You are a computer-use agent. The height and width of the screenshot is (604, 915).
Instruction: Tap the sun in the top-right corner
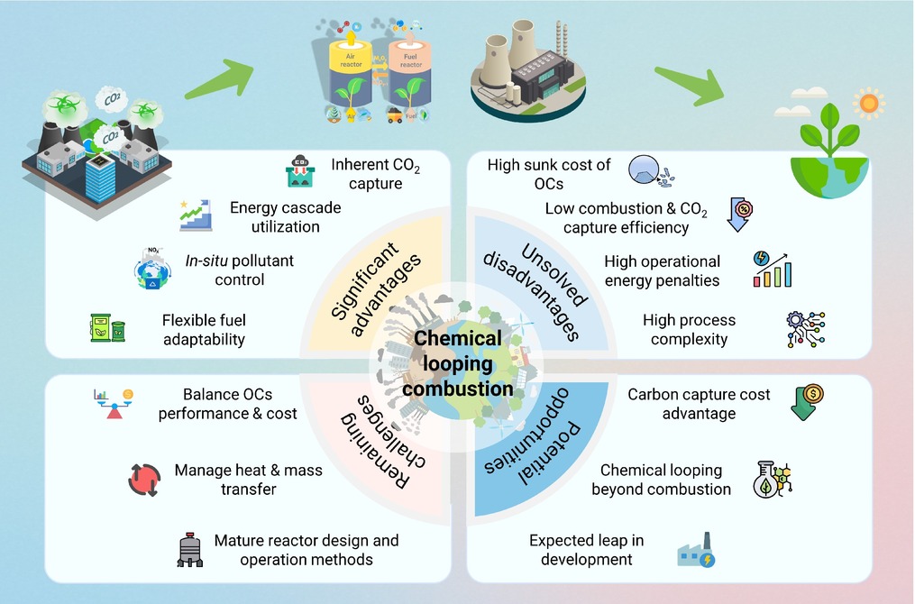868,103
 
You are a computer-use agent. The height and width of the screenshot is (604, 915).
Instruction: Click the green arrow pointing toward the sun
692,84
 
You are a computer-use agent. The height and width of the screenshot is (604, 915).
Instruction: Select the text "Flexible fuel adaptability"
204,329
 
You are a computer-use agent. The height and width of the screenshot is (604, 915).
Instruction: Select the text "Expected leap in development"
586,550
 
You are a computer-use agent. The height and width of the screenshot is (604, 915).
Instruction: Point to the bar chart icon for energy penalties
773,270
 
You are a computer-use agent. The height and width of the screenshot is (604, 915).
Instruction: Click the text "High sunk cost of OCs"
548,174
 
